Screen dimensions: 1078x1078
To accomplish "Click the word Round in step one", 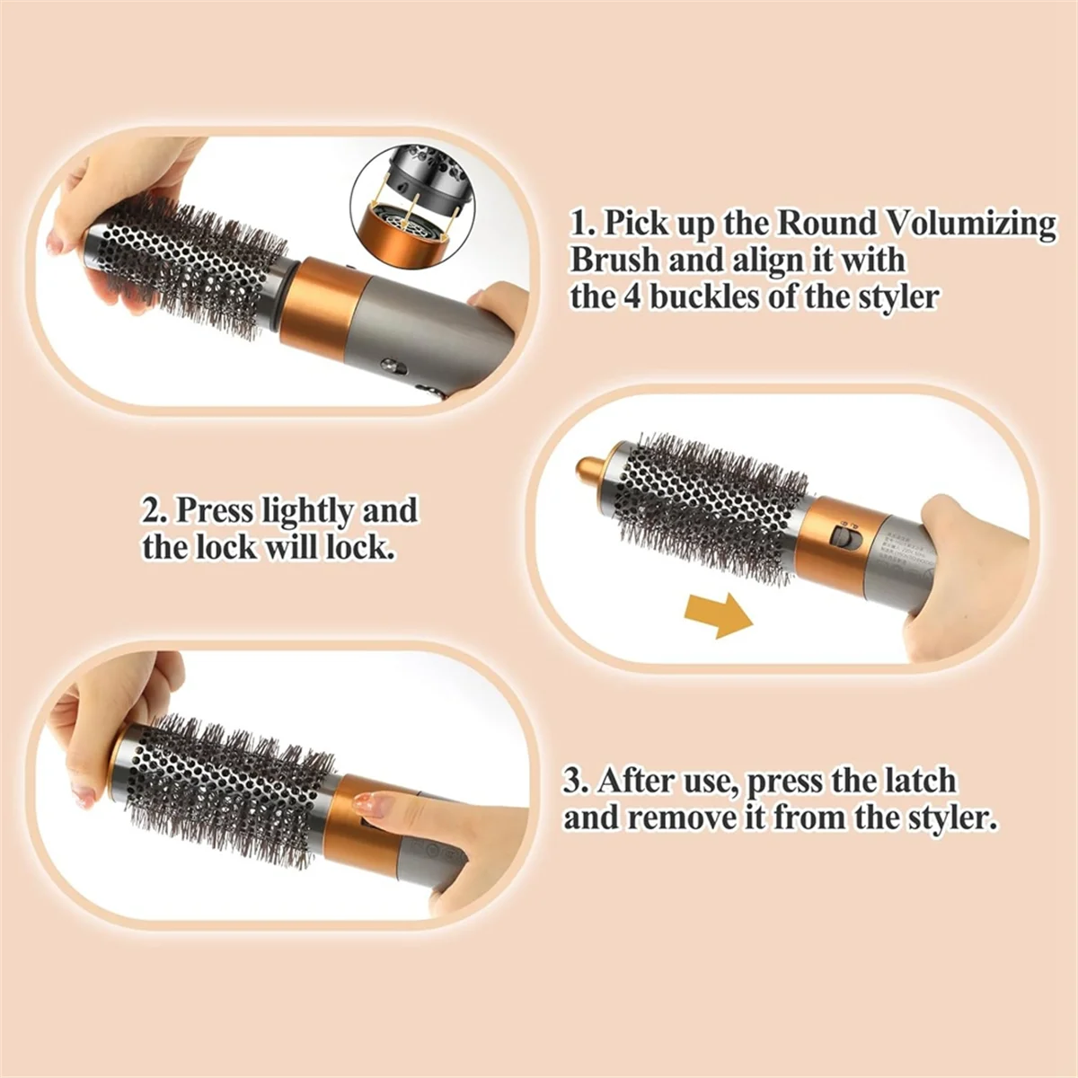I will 825,223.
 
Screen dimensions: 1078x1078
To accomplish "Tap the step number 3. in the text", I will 576,781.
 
